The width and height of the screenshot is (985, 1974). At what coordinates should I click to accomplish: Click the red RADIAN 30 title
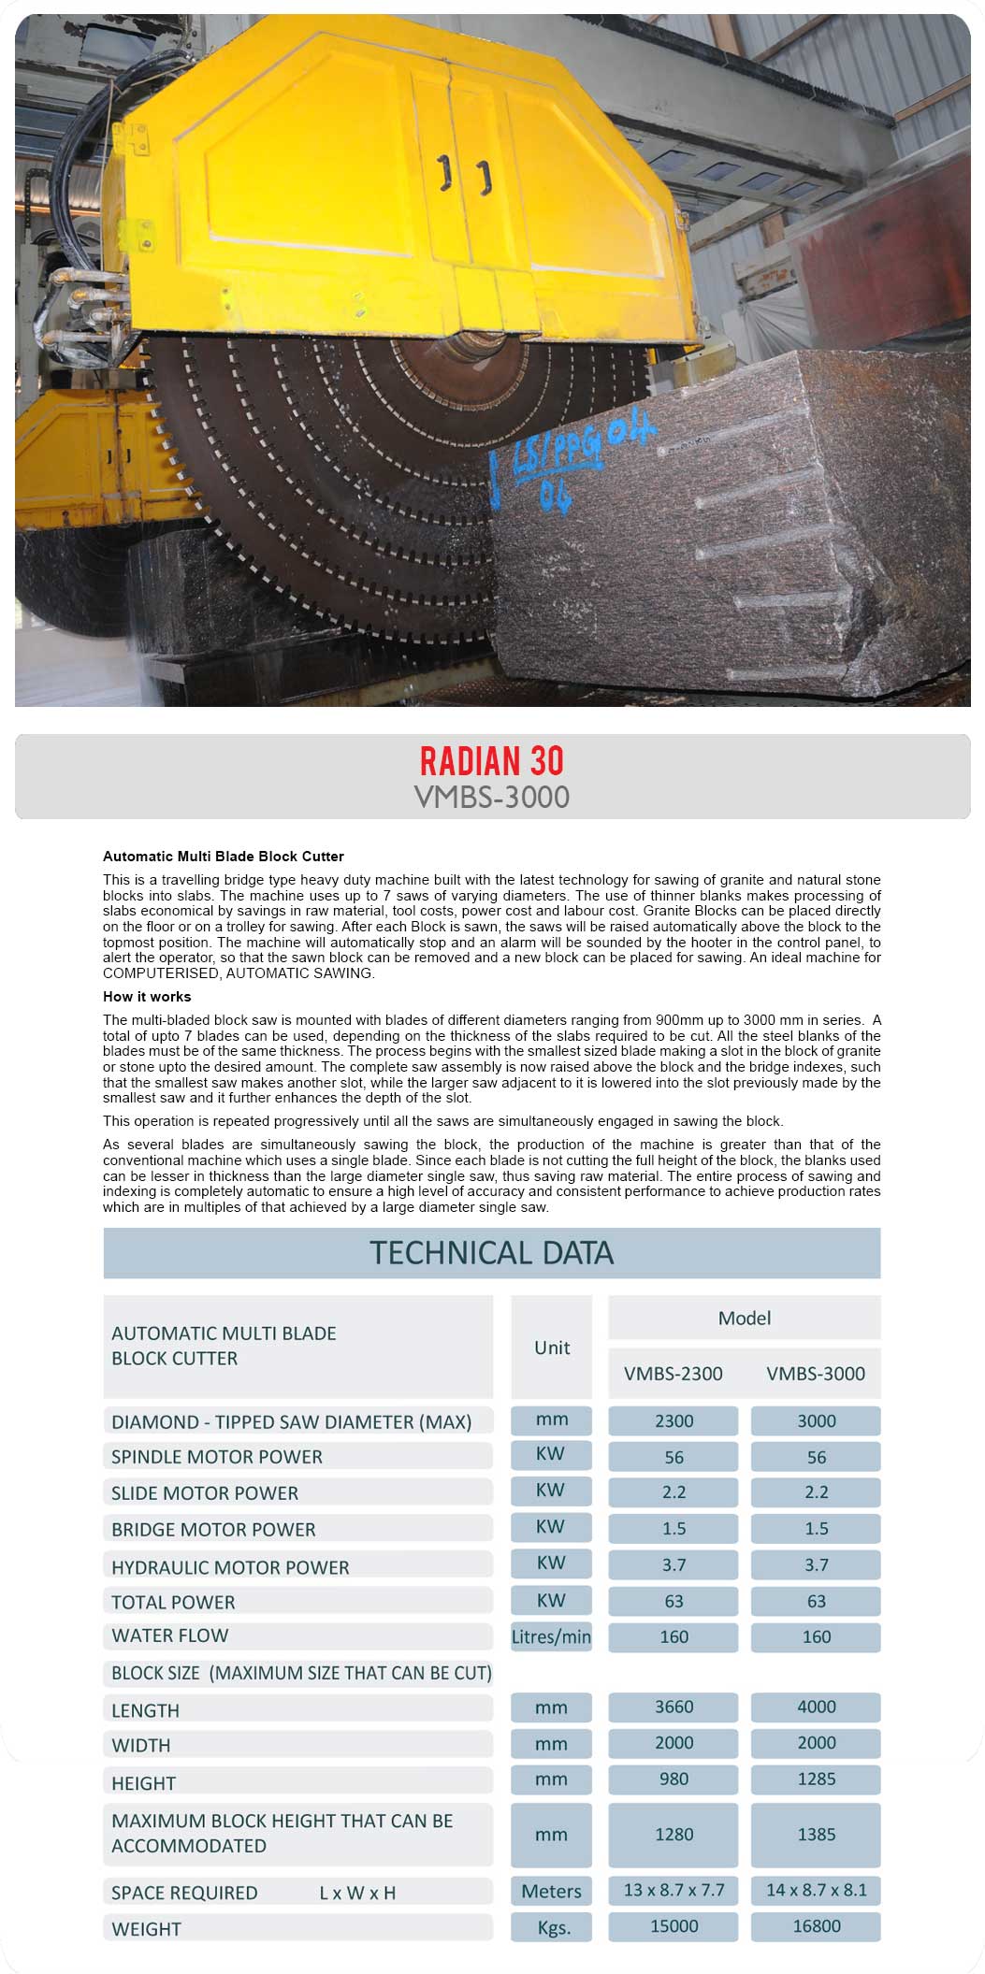[x=492, y=761]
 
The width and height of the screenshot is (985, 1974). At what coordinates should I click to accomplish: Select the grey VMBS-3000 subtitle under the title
[x=492, y=797]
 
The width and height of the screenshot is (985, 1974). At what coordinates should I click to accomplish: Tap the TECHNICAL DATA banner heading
[x=492, y=1253]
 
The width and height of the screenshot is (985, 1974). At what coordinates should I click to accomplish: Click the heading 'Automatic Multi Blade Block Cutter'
[x=224, y=857]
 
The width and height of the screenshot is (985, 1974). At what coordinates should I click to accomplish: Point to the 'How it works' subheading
[x=147, y=997]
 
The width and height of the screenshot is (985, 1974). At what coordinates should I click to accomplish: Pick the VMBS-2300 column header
[x=674, y=1374]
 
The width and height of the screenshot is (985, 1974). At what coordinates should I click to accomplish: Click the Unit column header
[x=552, y=1347]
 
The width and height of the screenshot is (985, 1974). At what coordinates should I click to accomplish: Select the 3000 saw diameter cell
[x=816, y=1421]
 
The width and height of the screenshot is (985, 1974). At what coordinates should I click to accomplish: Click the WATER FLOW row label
[x=170, y=1635]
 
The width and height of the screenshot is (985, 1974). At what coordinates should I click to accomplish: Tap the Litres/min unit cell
[x=551, y=1636]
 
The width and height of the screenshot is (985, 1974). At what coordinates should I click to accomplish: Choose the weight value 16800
[x=816, y=1926]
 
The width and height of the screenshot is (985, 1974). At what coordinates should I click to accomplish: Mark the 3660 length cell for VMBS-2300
[x=674, y=1707]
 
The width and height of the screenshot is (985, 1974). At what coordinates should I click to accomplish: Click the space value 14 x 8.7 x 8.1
[x=816, y=1890]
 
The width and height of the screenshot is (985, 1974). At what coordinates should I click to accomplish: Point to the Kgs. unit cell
[x=552, y=1928]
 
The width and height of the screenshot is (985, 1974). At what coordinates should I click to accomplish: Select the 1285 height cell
[x=816, y=1779]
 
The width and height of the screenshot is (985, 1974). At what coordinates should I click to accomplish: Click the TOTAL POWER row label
[x=173, y=1602]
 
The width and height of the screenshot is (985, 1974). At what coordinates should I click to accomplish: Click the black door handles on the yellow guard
[x=465, y=175]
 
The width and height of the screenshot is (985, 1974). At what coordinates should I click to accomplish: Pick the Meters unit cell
[x=552, y=1891]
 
